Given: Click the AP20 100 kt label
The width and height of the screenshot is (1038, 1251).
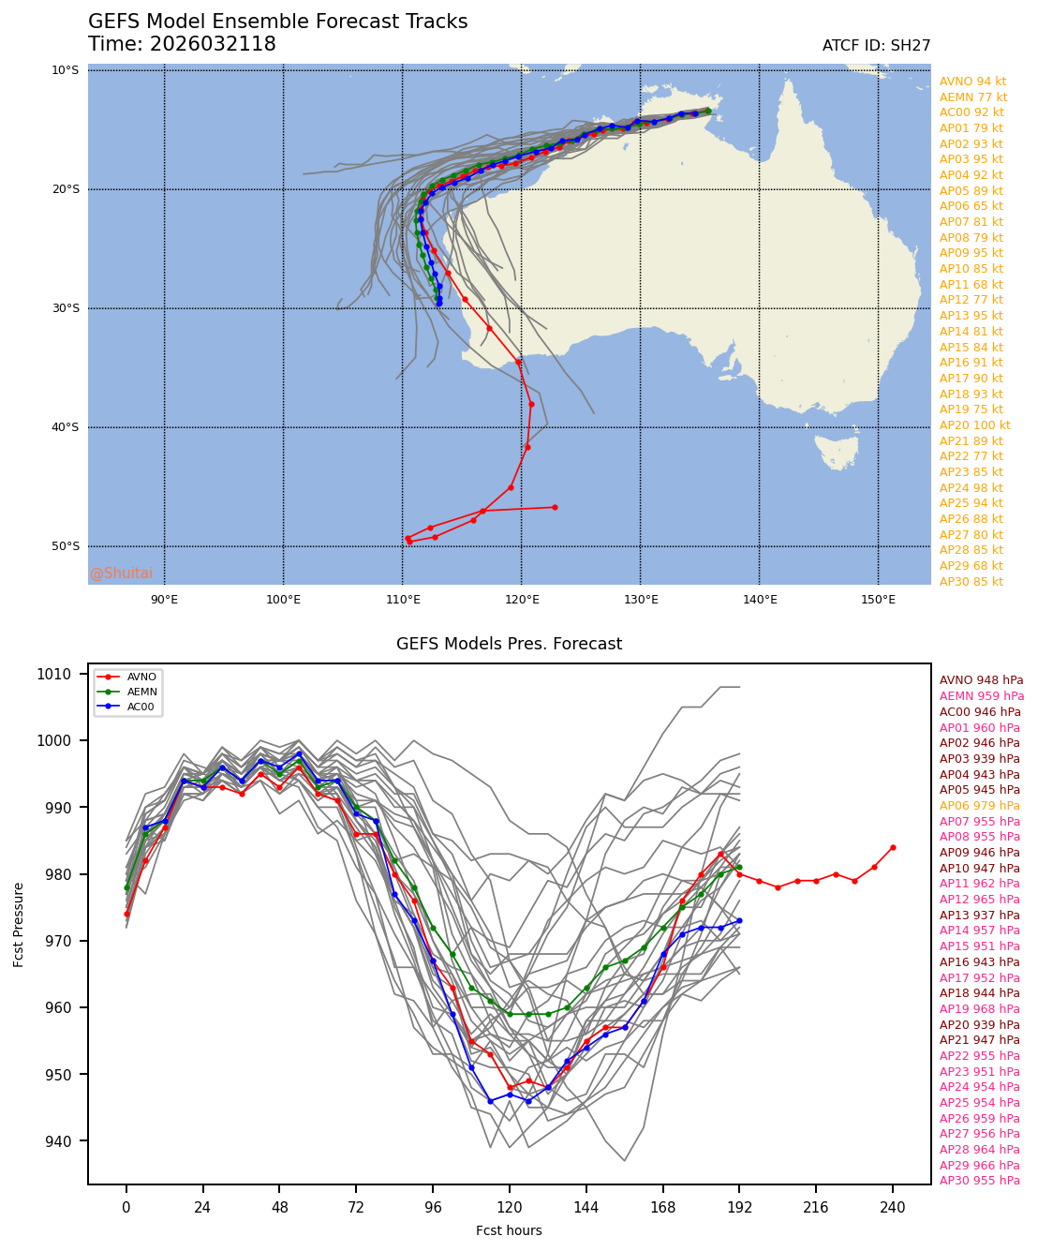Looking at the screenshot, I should (x=974, y=425).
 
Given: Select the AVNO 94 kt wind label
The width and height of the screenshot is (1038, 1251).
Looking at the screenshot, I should (x=972, y=82).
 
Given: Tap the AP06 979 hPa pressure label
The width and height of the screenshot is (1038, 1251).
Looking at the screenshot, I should (x=979, y=806).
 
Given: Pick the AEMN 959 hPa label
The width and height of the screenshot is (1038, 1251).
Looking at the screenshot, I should (x=981, y=696).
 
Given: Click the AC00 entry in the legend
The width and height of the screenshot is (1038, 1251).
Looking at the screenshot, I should (x=141, y=707).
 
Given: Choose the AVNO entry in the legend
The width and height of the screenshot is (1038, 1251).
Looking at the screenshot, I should (x=141, y=677).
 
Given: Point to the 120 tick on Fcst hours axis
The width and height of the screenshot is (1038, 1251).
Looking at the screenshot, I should (x=510, y=1208).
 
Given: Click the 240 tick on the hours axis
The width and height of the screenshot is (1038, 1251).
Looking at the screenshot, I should (x=893, y=1208).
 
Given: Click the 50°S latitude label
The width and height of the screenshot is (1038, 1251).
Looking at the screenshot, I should (x=65, y=546).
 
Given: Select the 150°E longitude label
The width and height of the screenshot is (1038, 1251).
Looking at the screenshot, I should (x=878, y=600).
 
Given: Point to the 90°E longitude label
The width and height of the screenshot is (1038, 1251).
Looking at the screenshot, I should (x=164, y=600).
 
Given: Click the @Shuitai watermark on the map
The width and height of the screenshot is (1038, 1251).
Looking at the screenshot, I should (x=121, y=573).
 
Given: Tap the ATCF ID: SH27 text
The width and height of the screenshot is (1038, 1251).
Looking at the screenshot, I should (x=876, y=46).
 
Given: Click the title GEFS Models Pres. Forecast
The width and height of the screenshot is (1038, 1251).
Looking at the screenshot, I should (x=509, y=644).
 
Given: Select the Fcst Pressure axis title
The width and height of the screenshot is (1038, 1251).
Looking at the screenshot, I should (x=20, y=924).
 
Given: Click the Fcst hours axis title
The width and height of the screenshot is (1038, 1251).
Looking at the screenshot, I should (x=509, y=1230).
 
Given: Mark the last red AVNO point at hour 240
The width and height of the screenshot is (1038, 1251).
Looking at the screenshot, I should (x=893, y=847).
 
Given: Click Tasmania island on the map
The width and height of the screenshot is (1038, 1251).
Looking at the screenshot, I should (x=836, y=452).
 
